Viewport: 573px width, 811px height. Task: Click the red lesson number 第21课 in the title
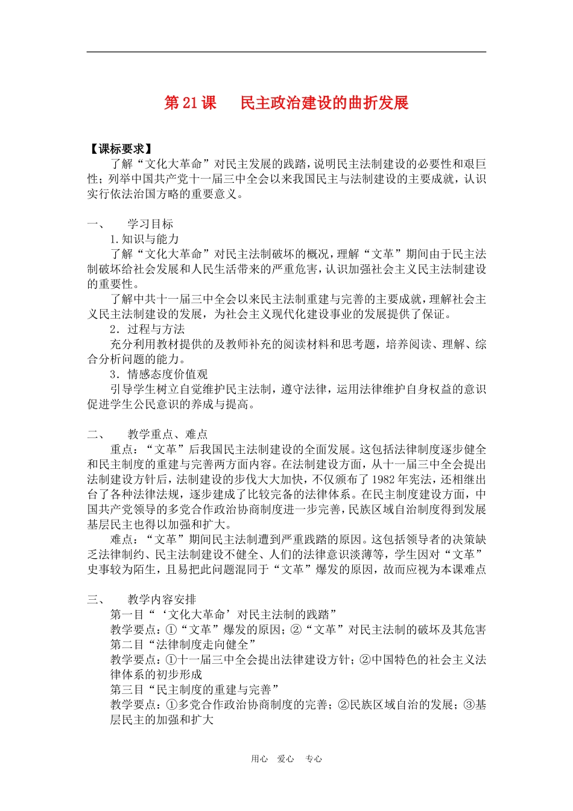190,103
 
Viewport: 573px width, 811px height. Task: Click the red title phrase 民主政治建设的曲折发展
324,103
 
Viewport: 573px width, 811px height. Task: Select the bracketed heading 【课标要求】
121,149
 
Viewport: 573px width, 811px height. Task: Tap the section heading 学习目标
150,224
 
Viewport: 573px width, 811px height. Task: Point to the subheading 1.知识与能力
145,239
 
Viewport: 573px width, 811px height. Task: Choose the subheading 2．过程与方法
147,329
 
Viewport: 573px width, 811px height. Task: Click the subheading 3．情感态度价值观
159,374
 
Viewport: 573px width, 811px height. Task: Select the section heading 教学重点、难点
168,434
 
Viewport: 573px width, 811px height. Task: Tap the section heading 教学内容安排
162,599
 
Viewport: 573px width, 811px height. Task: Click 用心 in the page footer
259,759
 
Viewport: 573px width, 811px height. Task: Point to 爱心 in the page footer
286,759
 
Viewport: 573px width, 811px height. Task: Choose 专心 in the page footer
314,759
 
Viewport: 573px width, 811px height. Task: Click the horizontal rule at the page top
286,52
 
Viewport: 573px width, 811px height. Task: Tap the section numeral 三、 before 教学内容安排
96,599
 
